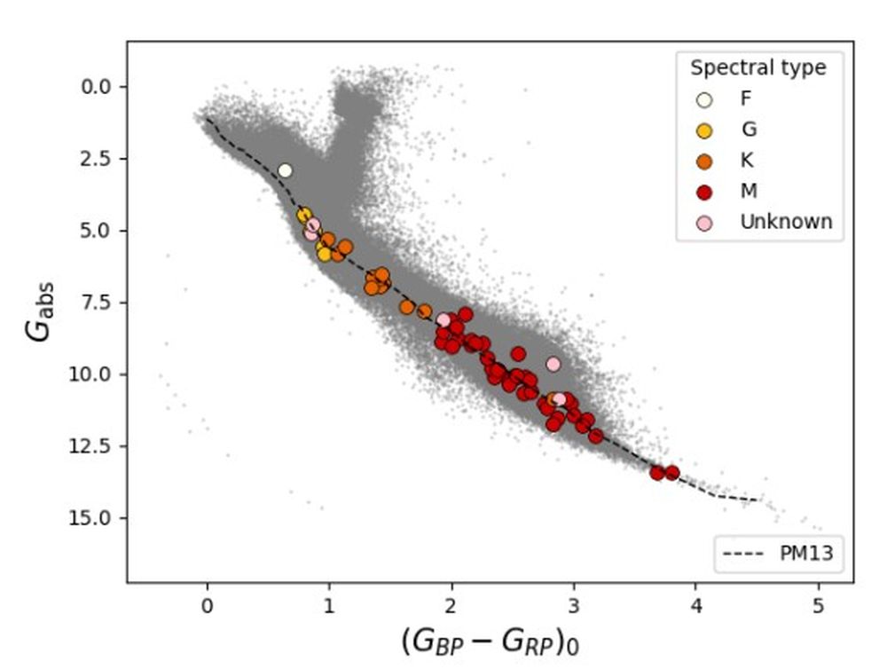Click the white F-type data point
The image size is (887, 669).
[x=285, y=170]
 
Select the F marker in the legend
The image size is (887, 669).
[x=705, y=99]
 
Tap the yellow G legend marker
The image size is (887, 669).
[x=705, y=130]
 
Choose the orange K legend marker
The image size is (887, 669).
[x=705, y=161]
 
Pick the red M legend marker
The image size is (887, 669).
[x=705, y=192]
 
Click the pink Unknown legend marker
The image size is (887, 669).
[x=705, y=223]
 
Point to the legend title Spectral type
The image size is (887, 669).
[x=757, y=67]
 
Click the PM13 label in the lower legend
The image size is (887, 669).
[x=806, y=554]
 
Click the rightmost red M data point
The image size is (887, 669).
[x=672, y=472]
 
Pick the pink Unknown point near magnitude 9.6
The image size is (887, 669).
[x=553, y=364]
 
